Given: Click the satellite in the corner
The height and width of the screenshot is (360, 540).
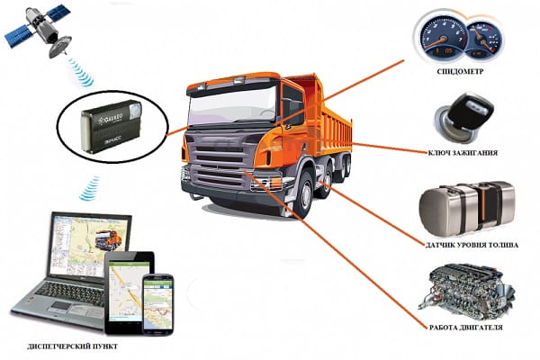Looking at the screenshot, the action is (38, 30).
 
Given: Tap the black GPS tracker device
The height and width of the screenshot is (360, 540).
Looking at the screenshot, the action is (111, 125).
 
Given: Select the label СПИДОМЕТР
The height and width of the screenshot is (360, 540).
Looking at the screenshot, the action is (460, 72).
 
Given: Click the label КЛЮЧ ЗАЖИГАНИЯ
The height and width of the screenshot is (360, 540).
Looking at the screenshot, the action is (463, 153).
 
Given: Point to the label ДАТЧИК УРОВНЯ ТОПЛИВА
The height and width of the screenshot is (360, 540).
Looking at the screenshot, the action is (472, 246).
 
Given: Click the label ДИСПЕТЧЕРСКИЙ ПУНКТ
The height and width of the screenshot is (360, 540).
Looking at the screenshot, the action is (72, 346).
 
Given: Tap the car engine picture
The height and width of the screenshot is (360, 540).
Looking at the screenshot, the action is (466, 291).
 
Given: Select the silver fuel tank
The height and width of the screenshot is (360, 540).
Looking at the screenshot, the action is (467, 209).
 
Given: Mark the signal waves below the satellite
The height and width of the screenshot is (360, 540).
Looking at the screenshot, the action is (80, 72).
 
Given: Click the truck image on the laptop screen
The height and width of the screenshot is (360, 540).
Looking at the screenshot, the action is (108, 239).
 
